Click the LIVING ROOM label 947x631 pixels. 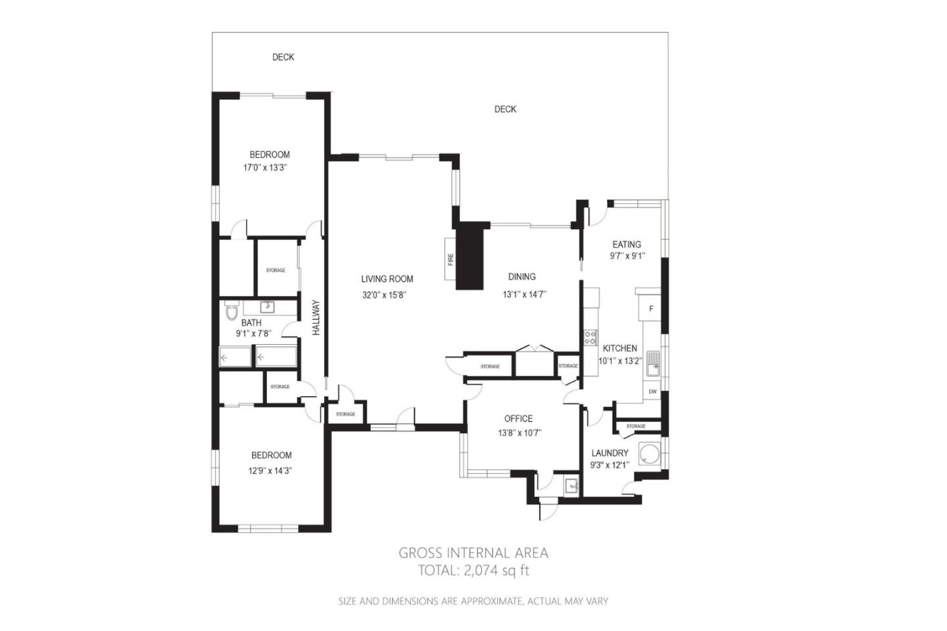coord(387,279)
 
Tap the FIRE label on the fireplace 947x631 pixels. coord(451,259)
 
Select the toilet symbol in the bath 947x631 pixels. coord(231,311)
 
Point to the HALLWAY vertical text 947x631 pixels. coord(316,318)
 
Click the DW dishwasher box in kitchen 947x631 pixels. coord(652,391)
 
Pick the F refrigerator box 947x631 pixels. coord(651,309)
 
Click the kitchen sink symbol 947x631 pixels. coord(652,364)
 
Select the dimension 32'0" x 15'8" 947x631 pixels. coord(384,295)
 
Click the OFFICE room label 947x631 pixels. coord(518,418)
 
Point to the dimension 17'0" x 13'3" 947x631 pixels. coord(265,168)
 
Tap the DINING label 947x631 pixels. coord(522,277)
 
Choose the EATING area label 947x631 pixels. coord(626,244)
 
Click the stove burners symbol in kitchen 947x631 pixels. coord(590,339)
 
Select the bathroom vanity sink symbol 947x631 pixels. coord(267,306)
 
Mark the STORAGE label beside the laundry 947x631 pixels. coord(635,426)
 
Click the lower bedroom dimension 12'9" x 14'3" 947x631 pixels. coord(270,471)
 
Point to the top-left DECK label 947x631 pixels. coord(283,57)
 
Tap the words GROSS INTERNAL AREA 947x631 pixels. coord(473,553)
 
